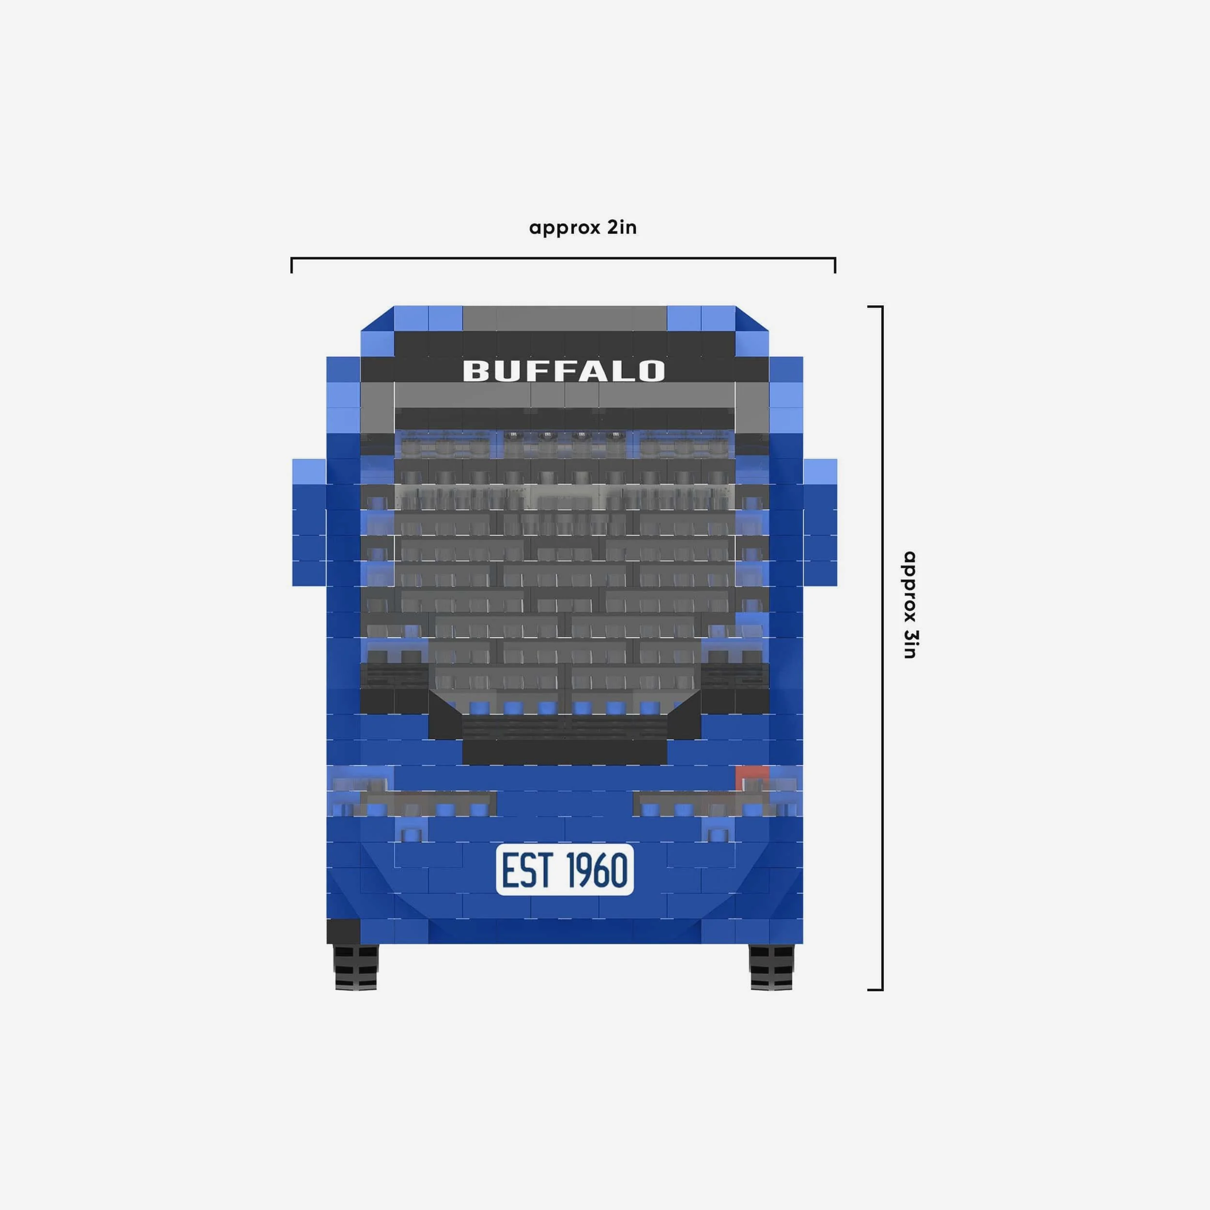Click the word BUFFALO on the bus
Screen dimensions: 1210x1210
pyautogui.click(x=564, y=371)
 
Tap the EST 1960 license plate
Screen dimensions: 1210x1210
pyautogui.click(x=565, y=869)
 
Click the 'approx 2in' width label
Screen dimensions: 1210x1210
pyautogui.click(x=583, y=228)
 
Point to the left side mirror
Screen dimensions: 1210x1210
pyautogui.click(x=309, y=522)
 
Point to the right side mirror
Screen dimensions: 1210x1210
pyautogui.click(x=820, y=522)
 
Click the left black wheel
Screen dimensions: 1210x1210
pyautogui.click(x=356, y=967)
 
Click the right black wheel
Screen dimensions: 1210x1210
pyautogui.click(x=772, y=967)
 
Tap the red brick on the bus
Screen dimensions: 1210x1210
pyautogui.click(x=751, y=779)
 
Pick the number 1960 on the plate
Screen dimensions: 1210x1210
pyautogui.click(x=597, y=870)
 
